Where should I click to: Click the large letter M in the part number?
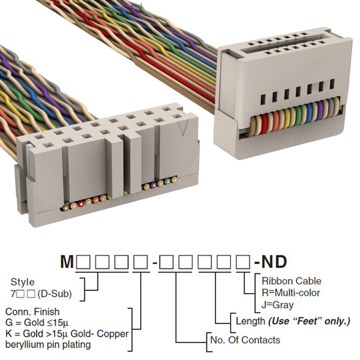point(67,262)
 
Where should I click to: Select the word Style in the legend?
point(22,282)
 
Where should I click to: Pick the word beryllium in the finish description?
point(24,345)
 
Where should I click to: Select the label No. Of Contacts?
point(245,340)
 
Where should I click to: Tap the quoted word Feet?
point(304,321)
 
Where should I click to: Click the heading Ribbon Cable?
point(292,281)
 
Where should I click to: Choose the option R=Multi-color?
point(291,292)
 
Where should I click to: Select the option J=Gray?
point(278,304)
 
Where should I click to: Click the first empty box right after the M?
point(84,263)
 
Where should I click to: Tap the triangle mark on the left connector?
point(182,133)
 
